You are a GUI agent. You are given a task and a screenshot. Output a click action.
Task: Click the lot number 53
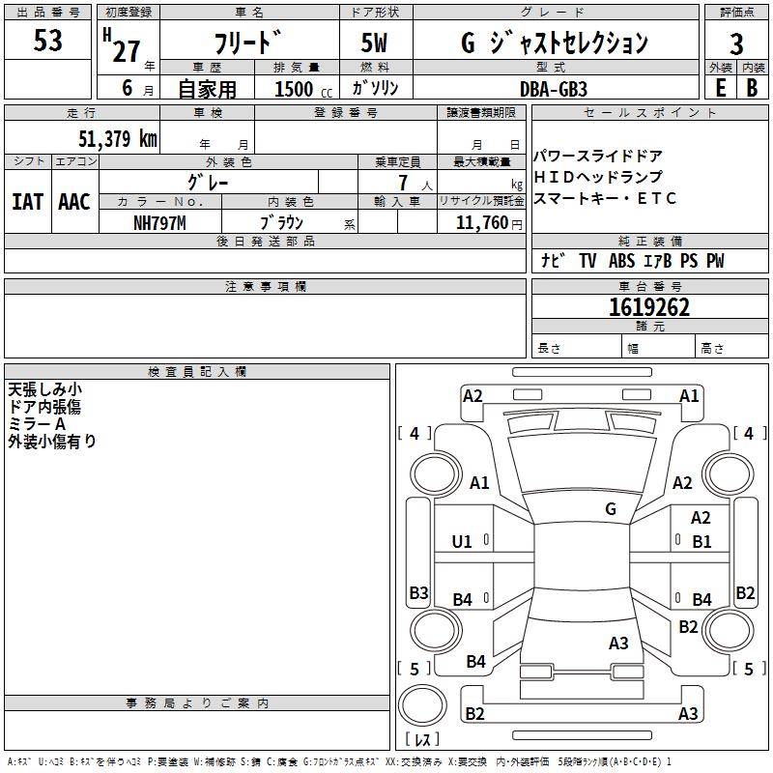[x=47, y=42]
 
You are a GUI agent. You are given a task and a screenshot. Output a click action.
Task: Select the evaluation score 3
[x=736, y=44]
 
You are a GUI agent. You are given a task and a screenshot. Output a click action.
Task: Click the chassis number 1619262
[x=649, y=308]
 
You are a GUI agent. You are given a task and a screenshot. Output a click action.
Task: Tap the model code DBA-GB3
[x=554, y=88]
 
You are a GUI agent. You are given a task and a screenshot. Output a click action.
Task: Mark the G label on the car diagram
[x=611, y=509]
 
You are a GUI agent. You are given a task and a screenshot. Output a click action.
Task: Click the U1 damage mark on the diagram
[x=463, y=542]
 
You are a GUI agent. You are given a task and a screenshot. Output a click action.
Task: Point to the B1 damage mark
[x=701, y=542]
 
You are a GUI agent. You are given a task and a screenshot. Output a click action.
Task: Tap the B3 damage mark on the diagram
[x=418, y=593]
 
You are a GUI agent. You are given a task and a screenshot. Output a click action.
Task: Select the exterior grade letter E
[x=720, y=87]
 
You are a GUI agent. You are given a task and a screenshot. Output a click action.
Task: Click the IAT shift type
[x=27, y=202]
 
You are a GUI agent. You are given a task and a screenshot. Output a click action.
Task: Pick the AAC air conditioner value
[x=74, y=202]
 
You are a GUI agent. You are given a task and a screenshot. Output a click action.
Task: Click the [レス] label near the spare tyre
[x=422, y=740]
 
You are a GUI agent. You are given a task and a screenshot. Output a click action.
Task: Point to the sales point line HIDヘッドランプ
[x=599, y=178]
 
